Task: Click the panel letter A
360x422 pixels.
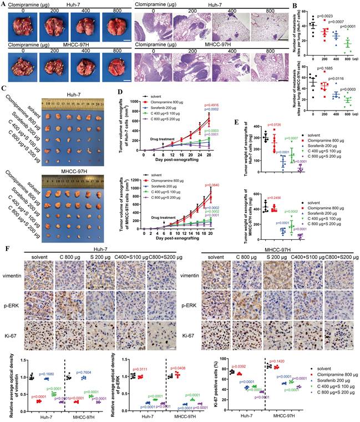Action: click(x=3, y=4)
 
